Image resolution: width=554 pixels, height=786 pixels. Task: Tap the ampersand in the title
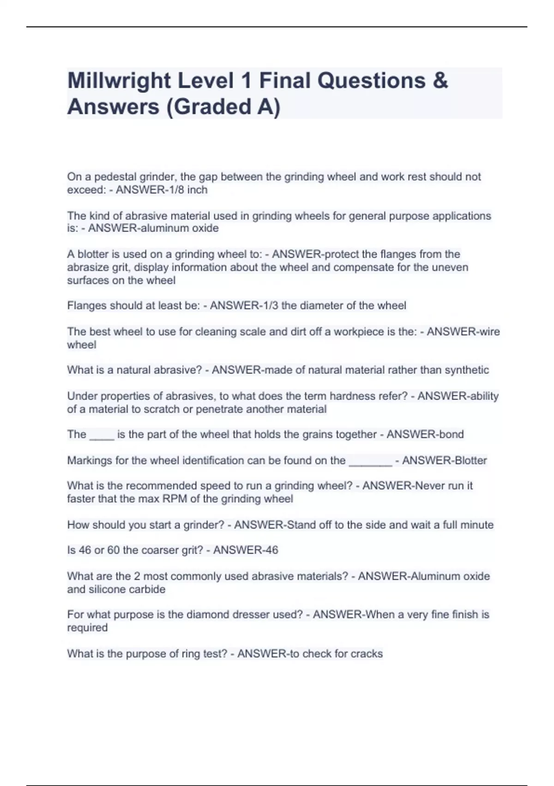click(441, 80)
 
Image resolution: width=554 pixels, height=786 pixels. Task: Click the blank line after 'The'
click(102, 435)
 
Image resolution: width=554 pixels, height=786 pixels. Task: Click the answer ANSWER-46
click(246, 550)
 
